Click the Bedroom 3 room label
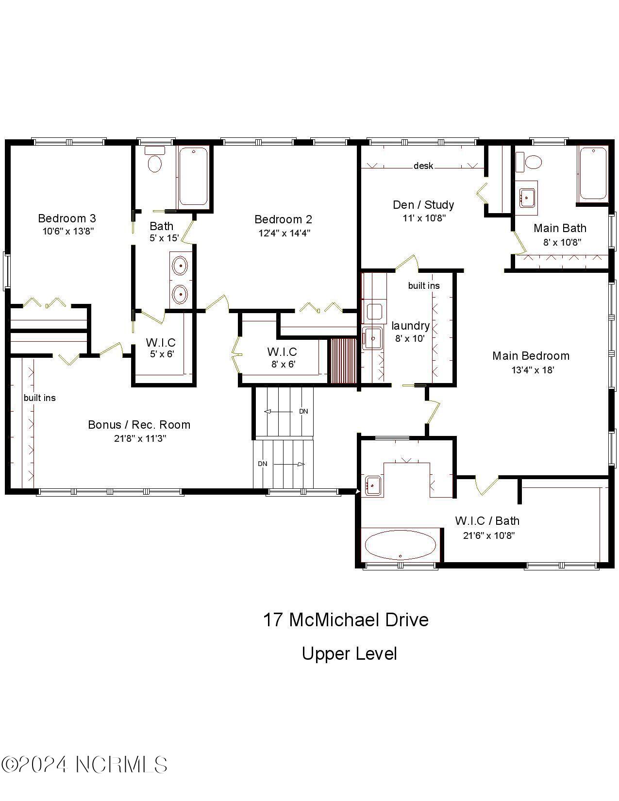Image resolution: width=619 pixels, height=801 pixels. click(x=67, y=218)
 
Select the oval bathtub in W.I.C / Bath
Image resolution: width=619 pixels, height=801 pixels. click(x=400, y=546)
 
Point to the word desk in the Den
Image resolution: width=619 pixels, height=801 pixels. click(x=423, y=166)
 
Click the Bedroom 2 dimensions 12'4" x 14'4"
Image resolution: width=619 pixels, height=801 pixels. click(x=284, y=233)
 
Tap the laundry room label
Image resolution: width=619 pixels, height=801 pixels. click(x=410, y=326)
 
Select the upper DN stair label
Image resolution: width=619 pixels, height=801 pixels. click(x=303, y=411)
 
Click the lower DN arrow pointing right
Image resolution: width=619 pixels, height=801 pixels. click(x=289, y=464)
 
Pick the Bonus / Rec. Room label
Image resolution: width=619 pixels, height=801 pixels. click(x=139, y=425)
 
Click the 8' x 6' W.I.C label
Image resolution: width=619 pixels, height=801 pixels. click(x=283, y=364)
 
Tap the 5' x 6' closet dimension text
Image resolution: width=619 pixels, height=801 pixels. click(x=162, y=354)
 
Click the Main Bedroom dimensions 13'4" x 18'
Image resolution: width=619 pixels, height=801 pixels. click(x=533, y=370)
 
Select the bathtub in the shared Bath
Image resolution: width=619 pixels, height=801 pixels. click(x=193, y=177)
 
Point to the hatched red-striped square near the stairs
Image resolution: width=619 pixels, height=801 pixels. click(x=343, y=361)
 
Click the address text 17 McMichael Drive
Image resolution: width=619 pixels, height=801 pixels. click(x=346, y=620)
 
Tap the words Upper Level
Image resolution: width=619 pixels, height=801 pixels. click(x=349, y=654)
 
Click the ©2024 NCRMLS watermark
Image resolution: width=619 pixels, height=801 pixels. click(x=84, y=765)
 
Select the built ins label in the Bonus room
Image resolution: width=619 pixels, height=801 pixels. click(x=40, y=398)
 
